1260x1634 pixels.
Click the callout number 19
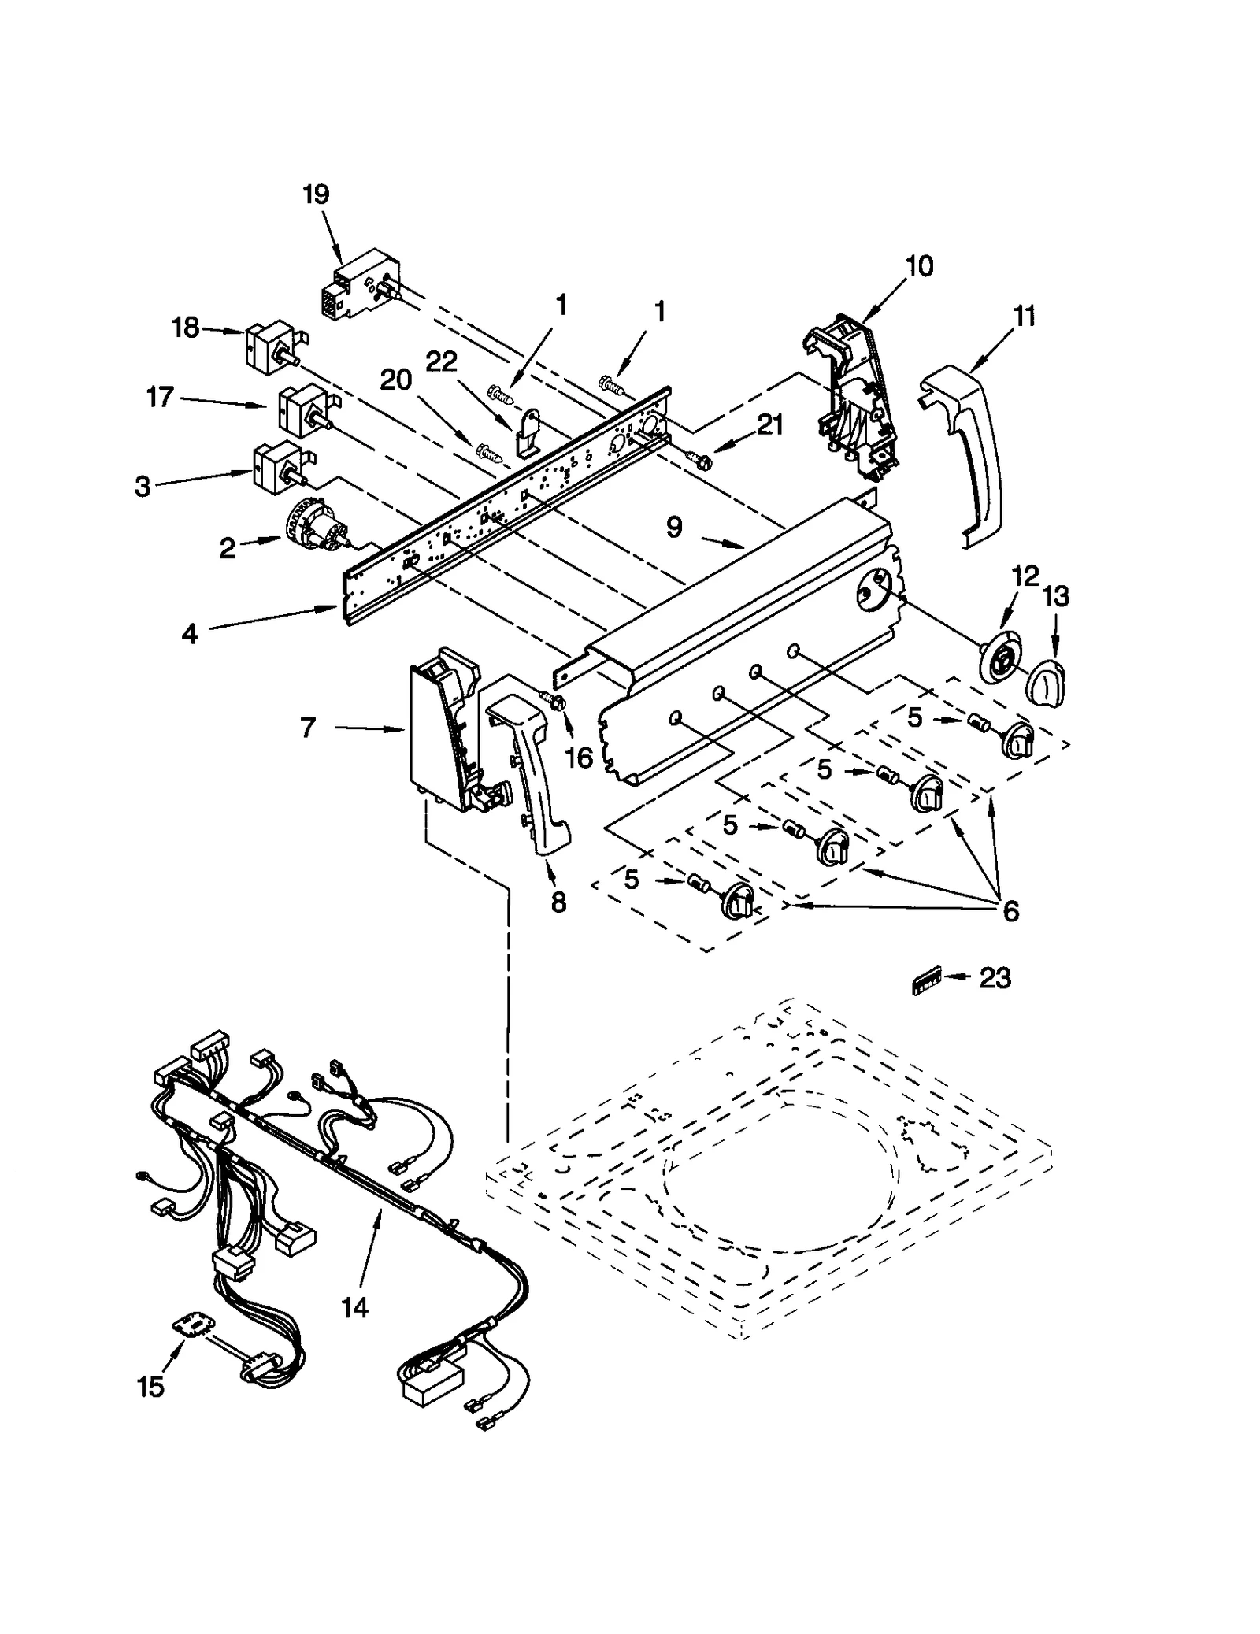[x=316, y=195]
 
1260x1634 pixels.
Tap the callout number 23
[x=994, y=979]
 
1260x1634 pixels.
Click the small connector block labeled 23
[x=926, y=984]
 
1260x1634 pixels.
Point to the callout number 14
[x=354, y=1308]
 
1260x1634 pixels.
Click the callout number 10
[x=918, y=267]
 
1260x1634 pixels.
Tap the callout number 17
[x=160, y=397]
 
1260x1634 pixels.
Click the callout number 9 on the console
[x=673, y=527]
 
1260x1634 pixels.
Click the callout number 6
[x=1010, y=911]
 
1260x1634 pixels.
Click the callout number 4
[x=189, y=633]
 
